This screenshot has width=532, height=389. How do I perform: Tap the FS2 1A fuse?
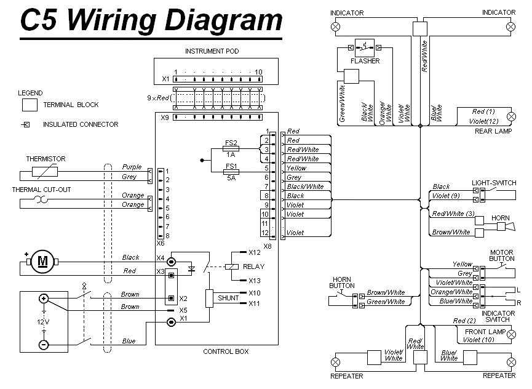click(231, 149)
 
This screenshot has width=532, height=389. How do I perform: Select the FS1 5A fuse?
click(231, 172)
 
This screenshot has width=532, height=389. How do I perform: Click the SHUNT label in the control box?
click(228, 298)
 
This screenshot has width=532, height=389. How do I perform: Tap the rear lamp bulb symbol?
click(510, 116)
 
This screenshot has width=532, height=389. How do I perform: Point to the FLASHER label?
click(365, 61)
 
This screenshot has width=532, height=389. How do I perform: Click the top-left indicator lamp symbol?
click(336, 26)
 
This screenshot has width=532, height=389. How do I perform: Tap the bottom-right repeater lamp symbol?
click(510, 361)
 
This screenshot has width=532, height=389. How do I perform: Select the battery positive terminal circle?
click(44, 299)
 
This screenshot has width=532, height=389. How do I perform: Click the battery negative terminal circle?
click(44, 345)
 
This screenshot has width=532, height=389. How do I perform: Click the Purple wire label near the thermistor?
click(132, 167)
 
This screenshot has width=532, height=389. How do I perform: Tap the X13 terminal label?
click(255, 281)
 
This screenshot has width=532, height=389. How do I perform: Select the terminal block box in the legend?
click(30, 105)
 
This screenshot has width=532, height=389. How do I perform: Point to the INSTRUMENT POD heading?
click(212, 51)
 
